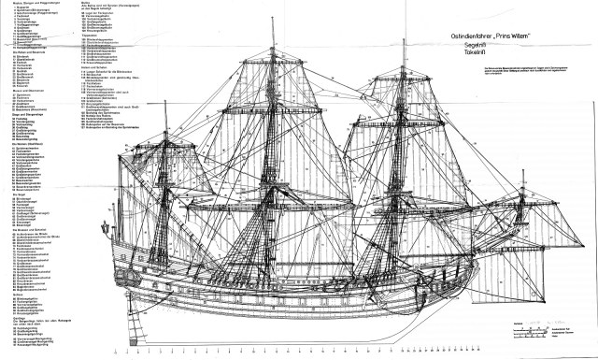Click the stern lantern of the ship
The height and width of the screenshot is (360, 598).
pos(107,227)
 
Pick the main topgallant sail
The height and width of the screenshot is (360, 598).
pos(274,65)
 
